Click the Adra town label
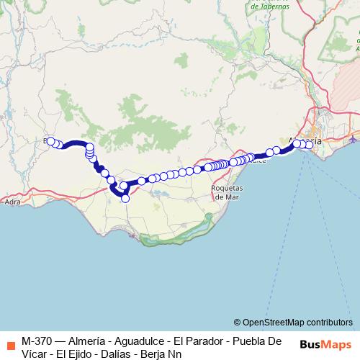click(12, 202)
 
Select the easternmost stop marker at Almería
click(310, 145)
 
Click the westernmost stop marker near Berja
click(50, 142)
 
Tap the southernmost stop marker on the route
click(125, 198)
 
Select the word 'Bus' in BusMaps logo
click(312, 346)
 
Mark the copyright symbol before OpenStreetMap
click(237, 323)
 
